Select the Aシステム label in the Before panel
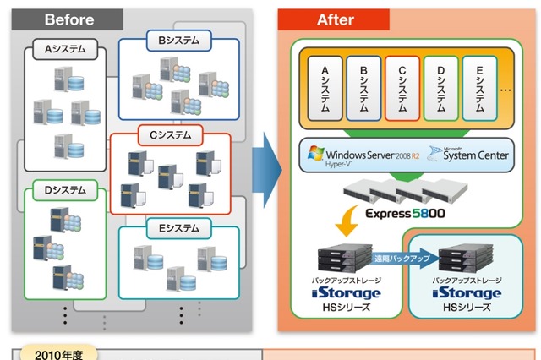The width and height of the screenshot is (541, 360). (x=64, y=50)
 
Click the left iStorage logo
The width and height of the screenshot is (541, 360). (x=342, y=293)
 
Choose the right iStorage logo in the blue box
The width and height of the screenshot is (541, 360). (x=467, y=293)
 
